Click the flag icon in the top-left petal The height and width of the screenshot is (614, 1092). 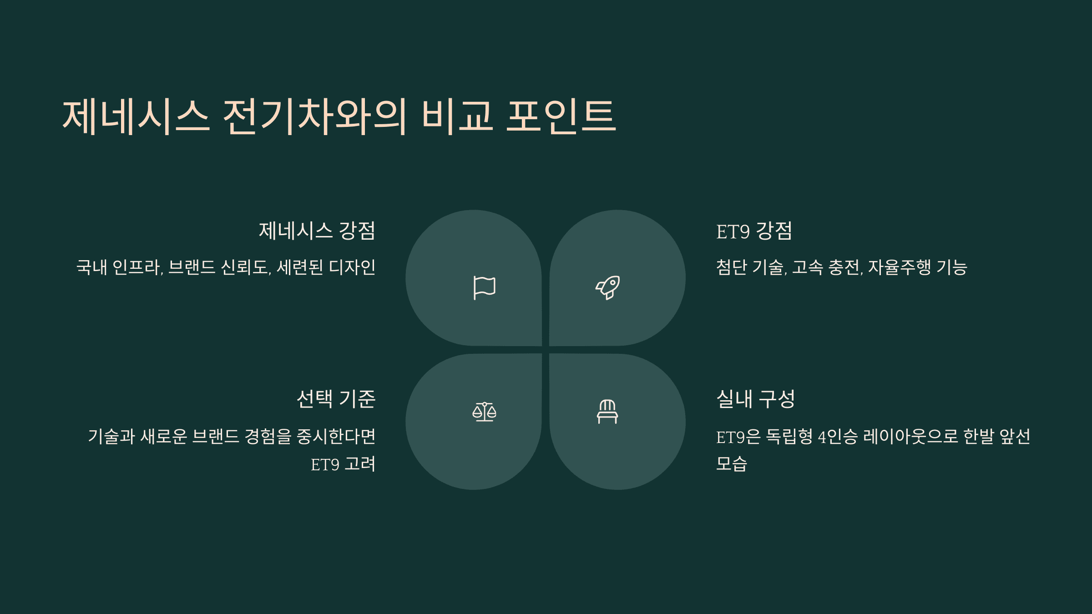point(484,287)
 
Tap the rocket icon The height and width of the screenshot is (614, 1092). point(608,287)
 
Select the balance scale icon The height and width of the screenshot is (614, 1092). point(484,412)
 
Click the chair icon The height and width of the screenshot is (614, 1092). point(607,412)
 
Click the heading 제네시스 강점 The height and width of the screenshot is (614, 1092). point(317,231)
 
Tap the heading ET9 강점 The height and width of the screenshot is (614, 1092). point(754,231)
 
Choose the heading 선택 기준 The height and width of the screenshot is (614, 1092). point(336,399)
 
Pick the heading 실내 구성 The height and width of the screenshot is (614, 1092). point(755,399)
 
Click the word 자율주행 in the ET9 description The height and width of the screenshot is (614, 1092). point(899,267)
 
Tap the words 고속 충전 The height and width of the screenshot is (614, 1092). point(827,267)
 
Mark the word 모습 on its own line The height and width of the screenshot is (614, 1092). point(731,464)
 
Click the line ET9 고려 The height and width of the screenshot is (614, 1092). point(343,464)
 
